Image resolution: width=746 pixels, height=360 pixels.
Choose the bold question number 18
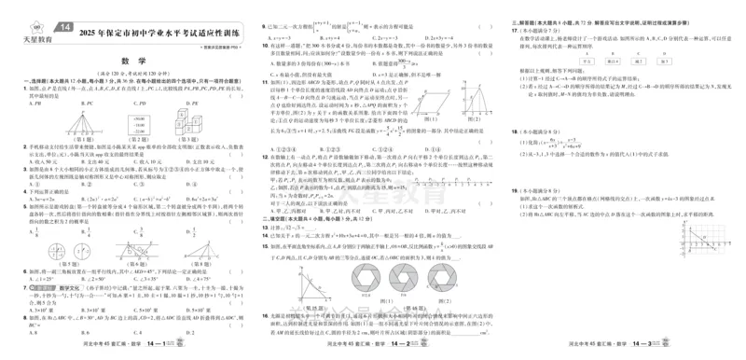516,133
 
